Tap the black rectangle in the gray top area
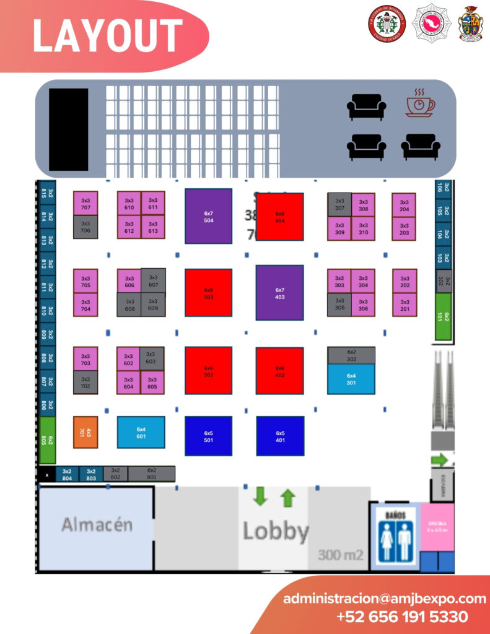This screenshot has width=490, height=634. coord(68,129)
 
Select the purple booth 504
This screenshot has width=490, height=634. coord(208,216)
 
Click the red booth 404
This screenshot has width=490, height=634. coord(280,217)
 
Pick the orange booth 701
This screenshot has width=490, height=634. coord(85,432)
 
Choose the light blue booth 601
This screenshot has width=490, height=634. coord(141,432)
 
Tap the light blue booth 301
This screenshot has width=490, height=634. coord(351,379)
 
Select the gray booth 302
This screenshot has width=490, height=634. coord(351,355)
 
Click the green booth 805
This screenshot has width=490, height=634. coord(48,440)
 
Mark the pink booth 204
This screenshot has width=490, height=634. coord(404,205)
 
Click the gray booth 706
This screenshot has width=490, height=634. coord(85,227)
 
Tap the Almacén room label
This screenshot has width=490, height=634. coord(97,525)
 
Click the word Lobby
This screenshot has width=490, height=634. coord(275,531)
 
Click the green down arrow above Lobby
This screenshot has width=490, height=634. coord(260,497)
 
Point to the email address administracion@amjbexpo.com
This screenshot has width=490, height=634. coord(384,599)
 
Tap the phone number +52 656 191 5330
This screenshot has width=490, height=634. coord(402,617)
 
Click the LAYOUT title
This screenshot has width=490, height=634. coord(107,35)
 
